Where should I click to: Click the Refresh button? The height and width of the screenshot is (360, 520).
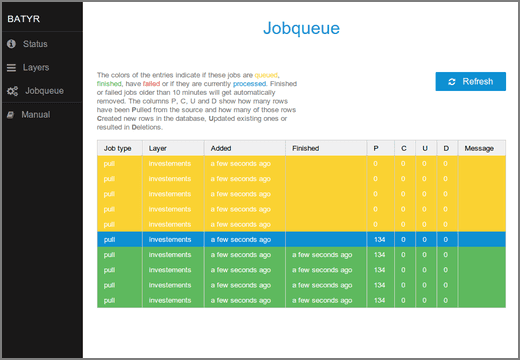point(470,81)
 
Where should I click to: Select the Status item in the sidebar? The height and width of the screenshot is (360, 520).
point(36,44)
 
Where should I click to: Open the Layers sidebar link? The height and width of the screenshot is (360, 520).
point(36,68)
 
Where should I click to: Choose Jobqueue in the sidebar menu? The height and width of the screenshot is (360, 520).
point(44,91)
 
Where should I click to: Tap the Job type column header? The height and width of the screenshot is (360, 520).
point(118,148)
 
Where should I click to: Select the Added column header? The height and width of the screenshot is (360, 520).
point(222,148)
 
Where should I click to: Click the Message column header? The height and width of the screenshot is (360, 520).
point(479,148)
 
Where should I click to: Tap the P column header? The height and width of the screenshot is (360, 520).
point(376,148)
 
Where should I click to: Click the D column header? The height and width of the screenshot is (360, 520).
point(446,148)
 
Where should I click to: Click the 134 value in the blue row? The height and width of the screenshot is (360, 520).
point(379,240)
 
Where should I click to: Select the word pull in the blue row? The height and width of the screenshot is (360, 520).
point(110,240)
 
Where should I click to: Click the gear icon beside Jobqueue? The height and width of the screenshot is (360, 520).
point(12,91)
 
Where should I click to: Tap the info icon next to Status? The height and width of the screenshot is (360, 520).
point(11,44)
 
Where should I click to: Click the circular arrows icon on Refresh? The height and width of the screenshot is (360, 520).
point(452,81)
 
